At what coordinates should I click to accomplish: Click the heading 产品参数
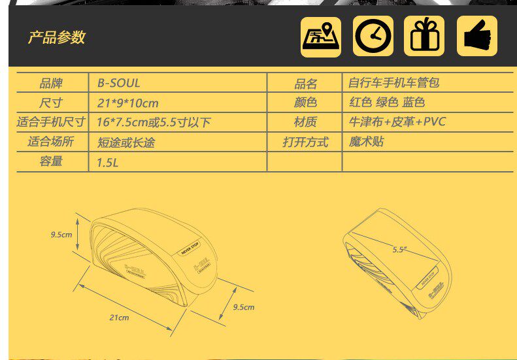coord(57,37)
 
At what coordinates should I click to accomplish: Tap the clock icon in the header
coord(373,36)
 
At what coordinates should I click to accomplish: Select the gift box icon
coord(424,36)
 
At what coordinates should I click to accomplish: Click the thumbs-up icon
coord(477,36)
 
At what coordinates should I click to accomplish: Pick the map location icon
coord(320,37)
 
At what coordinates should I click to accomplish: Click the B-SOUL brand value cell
coord(118,83)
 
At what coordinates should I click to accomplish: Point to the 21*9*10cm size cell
coord(127,103)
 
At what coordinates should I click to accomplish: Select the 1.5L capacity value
coord(107,162)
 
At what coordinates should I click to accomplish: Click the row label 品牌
coord(51,83)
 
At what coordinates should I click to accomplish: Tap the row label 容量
coord(51,161)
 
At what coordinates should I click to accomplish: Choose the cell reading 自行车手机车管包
coord(393,83)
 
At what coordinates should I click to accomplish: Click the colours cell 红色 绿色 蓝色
coord(387,103)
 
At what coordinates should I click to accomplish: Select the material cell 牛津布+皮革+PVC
coord(397,122)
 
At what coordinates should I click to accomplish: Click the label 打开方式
coord(305,142)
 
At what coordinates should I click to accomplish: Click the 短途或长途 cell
coord(126,142)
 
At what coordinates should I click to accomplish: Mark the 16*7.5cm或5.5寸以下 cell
coord(154,122)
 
